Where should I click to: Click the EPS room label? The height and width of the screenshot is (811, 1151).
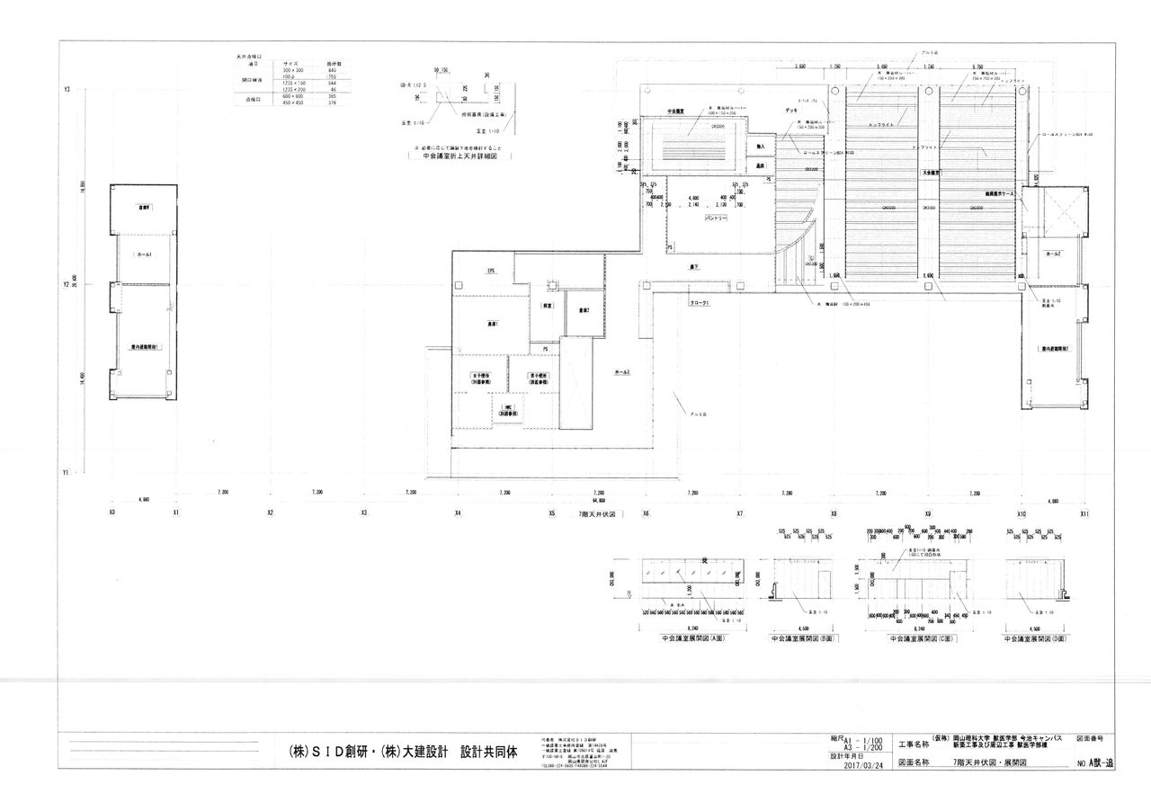coord(492,271)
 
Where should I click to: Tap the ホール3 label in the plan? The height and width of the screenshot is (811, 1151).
coord(621,371)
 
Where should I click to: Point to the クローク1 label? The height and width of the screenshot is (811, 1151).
coord(700,303)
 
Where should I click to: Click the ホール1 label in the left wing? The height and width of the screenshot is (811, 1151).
coord(144,255)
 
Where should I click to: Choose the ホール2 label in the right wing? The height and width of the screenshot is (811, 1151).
coord(1054,255)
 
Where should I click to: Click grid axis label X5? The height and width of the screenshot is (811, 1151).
coord(552,513)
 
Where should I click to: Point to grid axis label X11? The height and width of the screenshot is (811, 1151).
coord(1085,513)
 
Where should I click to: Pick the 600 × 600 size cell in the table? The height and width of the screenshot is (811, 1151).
coord(290,95)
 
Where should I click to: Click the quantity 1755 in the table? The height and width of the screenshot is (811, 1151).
coord(332,76)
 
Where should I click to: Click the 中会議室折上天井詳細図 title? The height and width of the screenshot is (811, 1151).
coord(458,156)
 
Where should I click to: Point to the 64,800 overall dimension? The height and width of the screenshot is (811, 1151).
coord(599,500)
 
